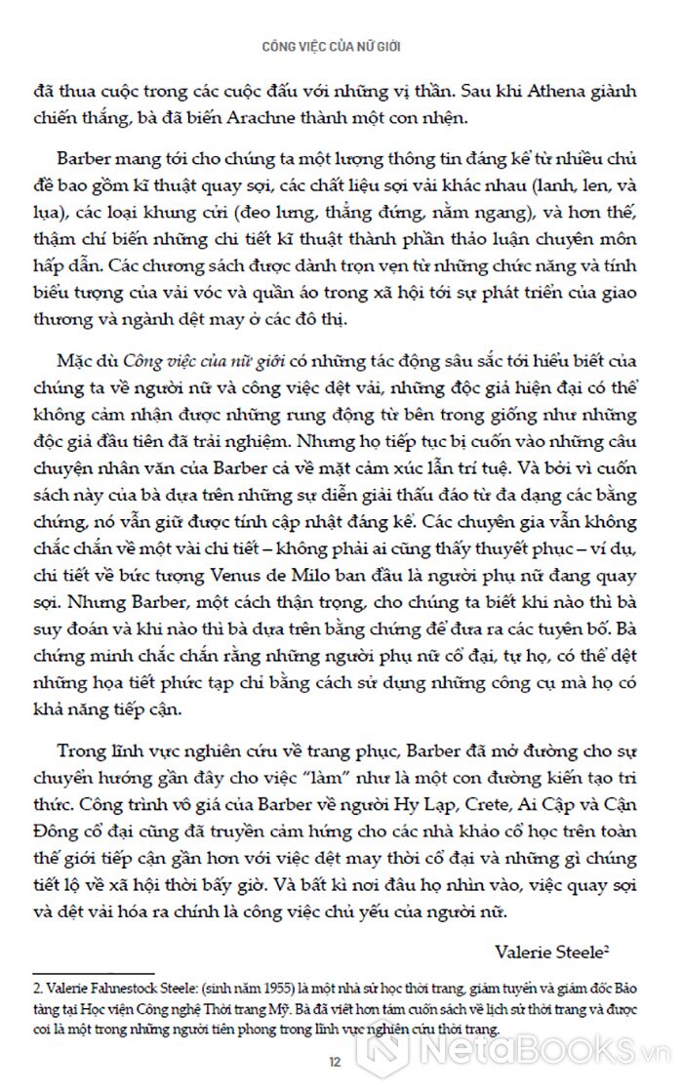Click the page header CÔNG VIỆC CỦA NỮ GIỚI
(341, 45)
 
